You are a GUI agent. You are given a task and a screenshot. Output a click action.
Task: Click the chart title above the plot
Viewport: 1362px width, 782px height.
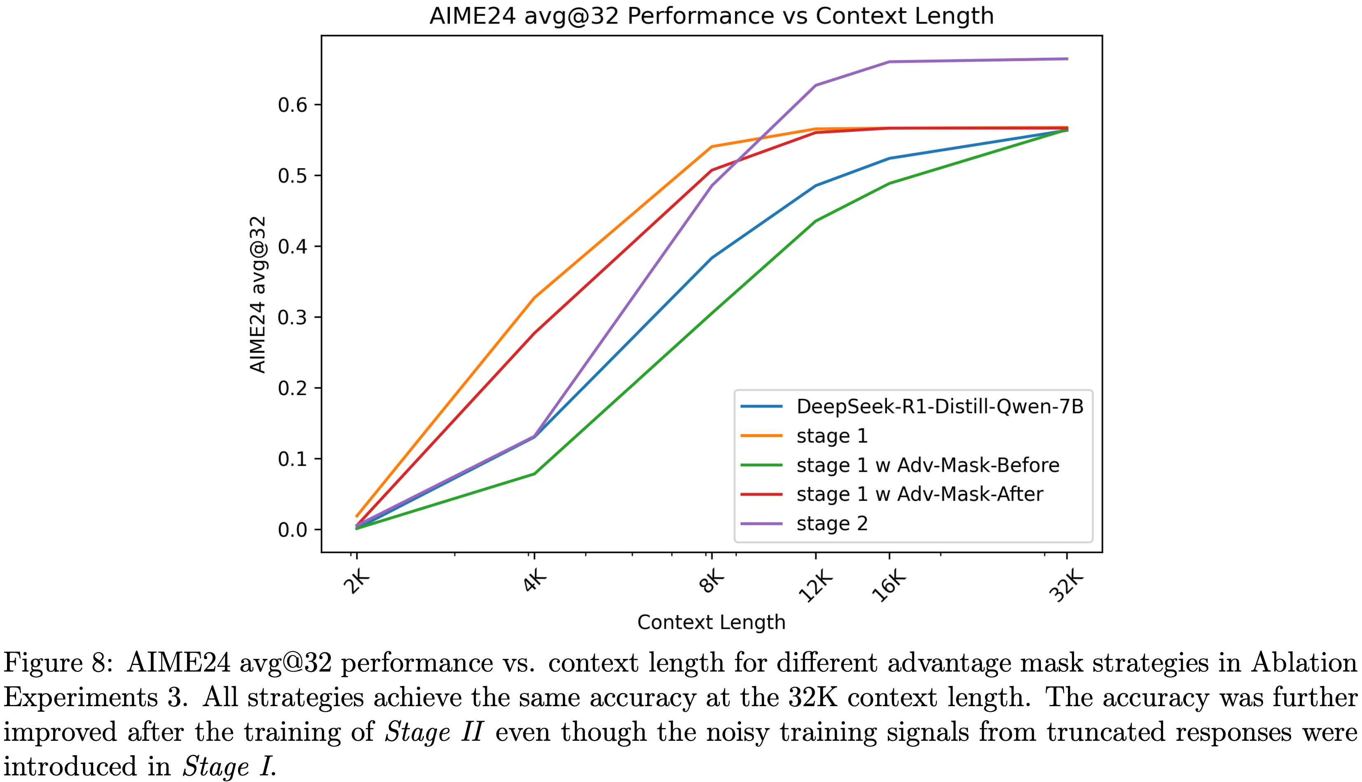(711, 16)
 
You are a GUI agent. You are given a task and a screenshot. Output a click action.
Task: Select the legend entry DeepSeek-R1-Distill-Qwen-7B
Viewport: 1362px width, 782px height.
(940, 407)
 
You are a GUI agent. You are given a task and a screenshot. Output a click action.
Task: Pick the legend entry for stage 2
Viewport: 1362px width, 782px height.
(832, 523)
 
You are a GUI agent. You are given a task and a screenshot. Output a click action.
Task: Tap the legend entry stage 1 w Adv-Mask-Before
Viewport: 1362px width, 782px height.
(927, 465)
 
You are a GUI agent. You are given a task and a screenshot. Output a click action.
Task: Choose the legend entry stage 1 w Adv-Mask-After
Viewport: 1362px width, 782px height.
(920, 494)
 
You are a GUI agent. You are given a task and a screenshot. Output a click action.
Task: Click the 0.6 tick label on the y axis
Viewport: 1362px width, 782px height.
(293, 105)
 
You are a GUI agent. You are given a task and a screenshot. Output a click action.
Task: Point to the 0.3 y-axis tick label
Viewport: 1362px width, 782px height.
(293, 317)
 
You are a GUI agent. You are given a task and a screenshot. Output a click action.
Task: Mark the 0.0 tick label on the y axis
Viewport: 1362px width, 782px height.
(293, 530)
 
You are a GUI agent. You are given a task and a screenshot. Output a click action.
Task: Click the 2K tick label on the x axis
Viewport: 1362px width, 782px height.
(356, 582)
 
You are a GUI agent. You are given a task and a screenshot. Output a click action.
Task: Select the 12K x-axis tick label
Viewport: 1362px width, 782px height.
(815, 587)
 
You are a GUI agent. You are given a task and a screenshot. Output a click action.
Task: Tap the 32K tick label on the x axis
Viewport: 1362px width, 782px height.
(1066, 587)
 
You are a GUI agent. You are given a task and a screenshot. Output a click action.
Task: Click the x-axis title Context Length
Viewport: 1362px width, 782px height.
(711, 623)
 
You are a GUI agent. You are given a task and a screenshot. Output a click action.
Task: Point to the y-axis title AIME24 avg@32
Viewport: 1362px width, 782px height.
(258, 294)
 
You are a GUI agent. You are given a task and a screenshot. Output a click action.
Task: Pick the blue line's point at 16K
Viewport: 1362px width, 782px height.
(890, 159)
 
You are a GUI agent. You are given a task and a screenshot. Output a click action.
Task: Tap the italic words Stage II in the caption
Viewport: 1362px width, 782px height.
(434, 732)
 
